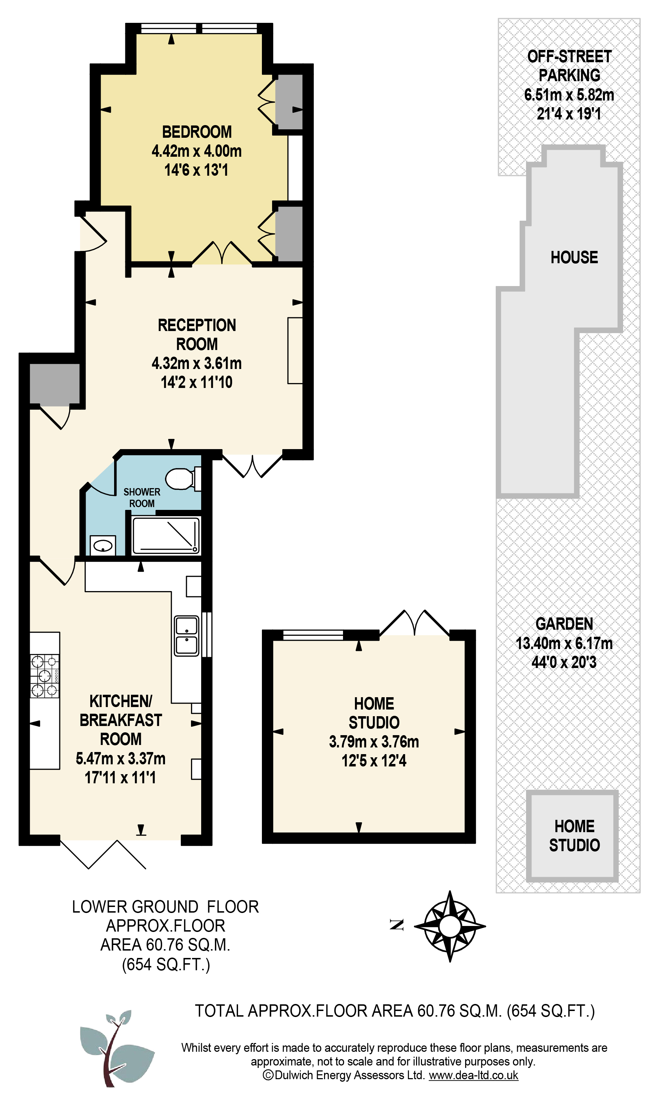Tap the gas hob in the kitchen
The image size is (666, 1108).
[x=45, y=676]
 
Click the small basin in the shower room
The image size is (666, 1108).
[x=103, y=546]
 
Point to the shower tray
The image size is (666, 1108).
[x=166, y=535]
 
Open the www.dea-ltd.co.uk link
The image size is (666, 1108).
[x=474, y=1075]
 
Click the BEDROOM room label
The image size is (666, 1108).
[x=197, y=132]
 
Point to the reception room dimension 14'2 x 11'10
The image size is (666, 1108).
[x=197, y=382]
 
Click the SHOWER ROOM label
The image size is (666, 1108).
[x=142, y=498]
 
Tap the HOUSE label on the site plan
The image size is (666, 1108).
[x=574, y=257]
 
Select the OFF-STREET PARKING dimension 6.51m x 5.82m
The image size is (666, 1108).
[x=569, y=95]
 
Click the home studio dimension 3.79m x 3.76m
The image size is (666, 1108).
[x=374, y=741]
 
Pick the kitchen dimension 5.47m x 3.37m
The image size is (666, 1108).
[x=121, y=759]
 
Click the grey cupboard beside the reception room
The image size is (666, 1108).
[x=55, y=383]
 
